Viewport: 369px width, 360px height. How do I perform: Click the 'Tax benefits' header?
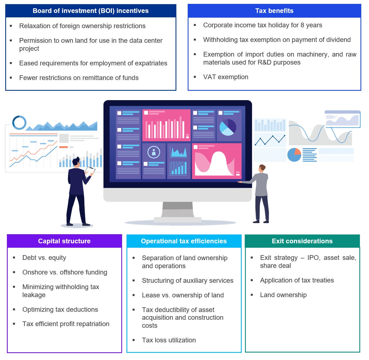[x=274, y=11]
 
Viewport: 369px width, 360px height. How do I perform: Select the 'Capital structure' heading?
[x=64, y=241]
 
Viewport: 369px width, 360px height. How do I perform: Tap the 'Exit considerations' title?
[x=302, y=241]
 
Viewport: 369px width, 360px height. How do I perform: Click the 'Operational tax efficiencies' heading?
[x=184, y=241]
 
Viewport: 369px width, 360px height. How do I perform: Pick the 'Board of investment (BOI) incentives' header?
[x=91, y=11]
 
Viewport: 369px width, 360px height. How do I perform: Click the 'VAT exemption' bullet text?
[x=226, y=77]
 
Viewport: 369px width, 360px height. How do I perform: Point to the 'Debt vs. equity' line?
[x=44, y=258]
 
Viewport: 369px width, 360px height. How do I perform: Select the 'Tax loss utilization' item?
[x=169, y=340]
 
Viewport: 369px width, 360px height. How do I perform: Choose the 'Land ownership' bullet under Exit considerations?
[x=283, y=295]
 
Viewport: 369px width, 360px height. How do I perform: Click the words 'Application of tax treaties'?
[x=297, y=280]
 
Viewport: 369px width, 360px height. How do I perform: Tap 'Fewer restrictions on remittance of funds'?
[x=79, y=78]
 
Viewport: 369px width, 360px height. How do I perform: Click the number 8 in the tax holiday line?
[x=302, y=25]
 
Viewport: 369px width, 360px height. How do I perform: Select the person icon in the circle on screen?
[x=154, y=152]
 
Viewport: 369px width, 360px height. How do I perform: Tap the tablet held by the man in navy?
[x=90, y=170]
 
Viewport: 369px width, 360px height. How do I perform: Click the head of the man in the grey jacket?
[x=262, y=168]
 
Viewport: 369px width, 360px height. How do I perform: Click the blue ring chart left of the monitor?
[x=19, y=123]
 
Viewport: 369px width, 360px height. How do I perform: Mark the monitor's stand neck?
[x=177, y=209]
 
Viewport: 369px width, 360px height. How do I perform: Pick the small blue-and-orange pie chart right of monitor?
[x=294, y=155]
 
